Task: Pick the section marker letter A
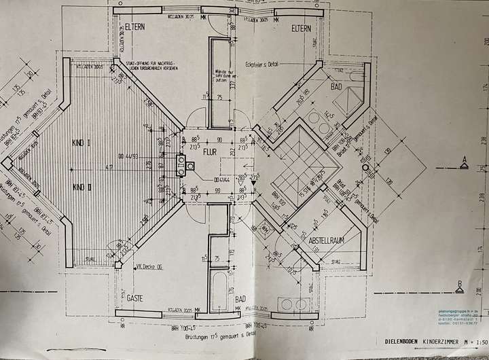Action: pos(463,160)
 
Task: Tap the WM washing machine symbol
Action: pos(265,230)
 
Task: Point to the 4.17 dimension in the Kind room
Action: pos(109,166)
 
